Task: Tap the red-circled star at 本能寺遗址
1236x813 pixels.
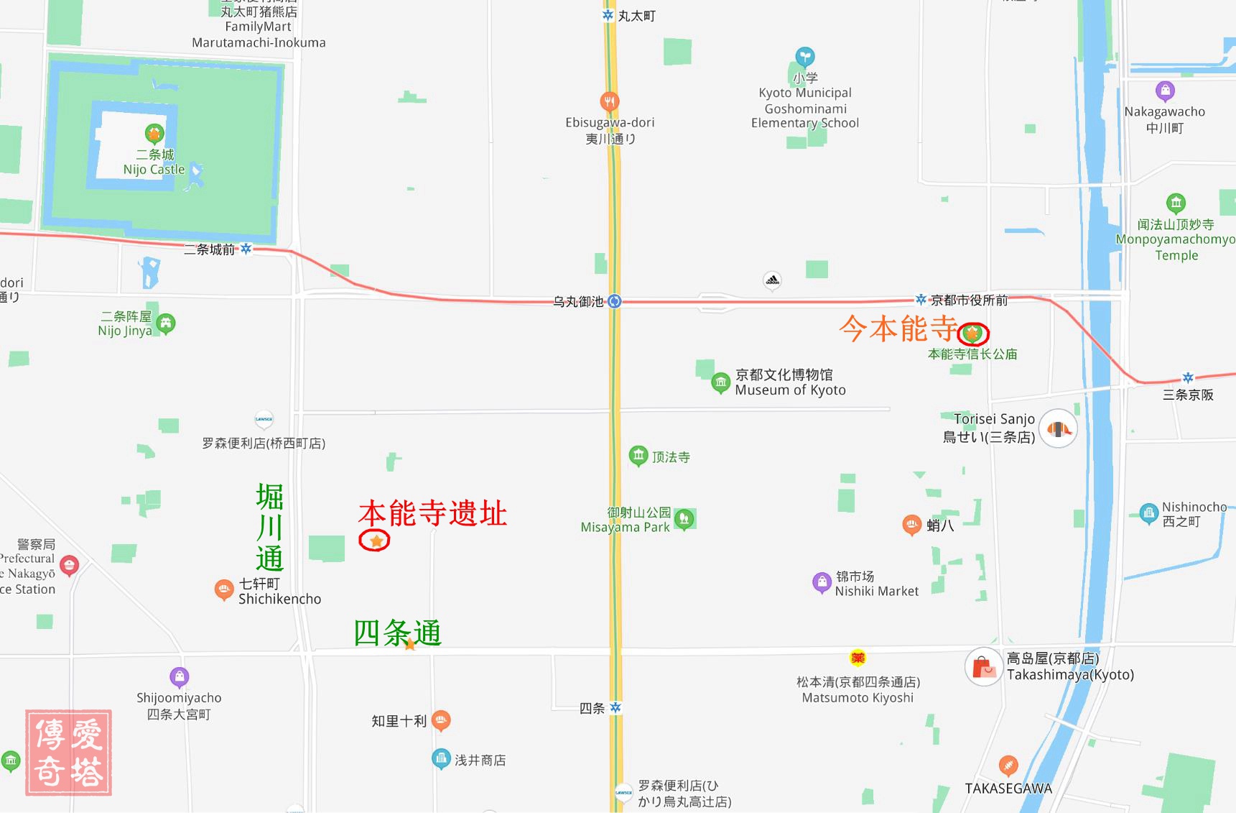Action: pos(375,541)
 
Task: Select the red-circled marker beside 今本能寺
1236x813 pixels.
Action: pos(973,334)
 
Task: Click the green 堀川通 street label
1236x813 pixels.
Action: pos(269,528)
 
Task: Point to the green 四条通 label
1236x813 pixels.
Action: pos(397,633)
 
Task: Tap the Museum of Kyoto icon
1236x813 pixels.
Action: pos(720,382)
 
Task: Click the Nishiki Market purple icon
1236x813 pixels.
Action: pos(821,582)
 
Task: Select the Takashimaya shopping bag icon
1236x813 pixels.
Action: pos(983,668)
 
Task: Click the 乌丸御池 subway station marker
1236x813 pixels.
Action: pos(614,301)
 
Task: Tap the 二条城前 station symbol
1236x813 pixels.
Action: pos(246,249)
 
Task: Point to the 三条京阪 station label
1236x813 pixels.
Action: pos(1188,395)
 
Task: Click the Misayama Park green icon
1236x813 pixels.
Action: pos(684,518)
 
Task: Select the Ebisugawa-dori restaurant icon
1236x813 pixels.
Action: pos(609,101)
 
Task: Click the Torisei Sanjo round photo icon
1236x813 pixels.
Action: pos(1058,429)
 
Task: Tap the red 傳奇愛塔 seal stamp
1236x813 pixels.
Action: pos(69,753)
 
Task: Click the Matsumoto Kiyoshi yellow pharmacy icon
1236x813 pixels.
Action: pos(858,658)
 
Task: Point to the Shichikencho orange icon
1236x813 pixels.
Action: pos(223,589)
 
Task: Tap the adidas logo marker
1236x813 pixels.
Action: pos(772,280)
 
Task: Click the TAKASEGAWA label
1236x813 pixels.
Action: pos(1008,789)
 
